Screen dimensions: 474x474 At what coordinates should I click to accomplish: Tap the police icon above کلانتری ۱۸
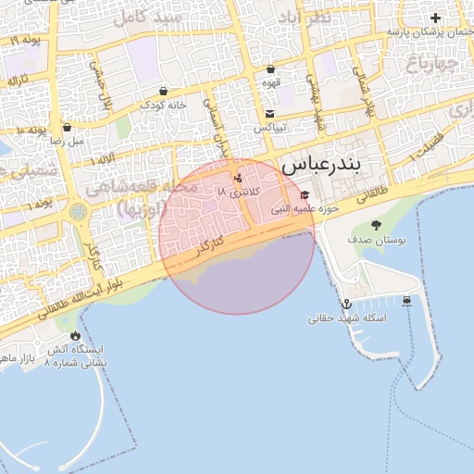pyautogui.click(x=239, y=176)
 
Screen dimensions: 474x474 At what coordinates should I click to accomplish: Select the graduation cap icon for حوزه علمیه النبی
pyautogui.click(x=306, y=194)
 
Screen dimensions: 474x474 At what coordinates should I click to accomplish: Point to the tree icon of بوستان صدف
pyautogui.click(x=376, y=225)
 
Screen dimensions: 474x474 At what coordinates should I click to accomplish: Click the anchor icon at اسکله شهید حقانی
pyautogui.click(x=346, y=304)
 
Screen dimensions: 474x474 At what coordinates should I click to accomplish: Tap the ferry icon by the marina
pyautogui.click(x=407, y=300)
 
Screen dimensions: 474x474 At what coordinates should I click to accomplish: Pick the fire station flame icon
pyautogui.click(x=76, y=336)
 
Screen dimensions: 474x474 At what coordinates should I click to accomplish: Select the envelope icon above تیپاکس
pyautogui.click(x=269, y=113)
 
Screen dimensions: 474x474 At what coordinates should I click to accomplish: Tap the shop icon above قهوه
pyautogui.click(x=269, y=69)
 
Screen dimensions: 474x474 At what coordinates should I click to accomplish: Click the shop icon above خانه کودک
pyautogui.click(x=164, y=91)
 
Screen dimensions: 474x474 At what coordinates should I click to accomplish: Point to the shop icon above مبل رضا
pyautogui.click(x=67, y=128)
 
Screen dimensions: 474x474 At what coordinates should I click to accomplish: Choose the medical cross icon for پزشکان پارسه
pyautogui.click(x=435, y=18)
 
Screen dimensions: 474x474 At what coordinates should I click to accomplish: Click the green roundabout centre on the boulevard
pyautogui.click(x=78, y=212)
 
